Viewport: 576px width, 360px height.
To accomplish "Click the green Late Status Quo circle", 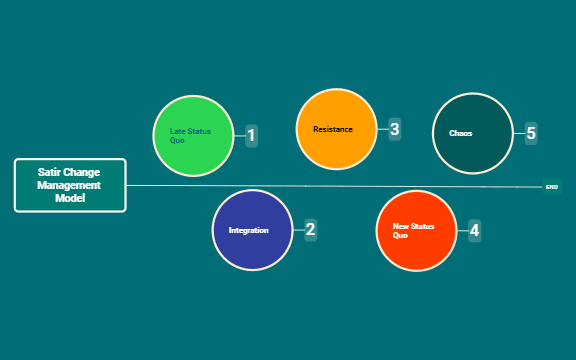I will tap(193, 135).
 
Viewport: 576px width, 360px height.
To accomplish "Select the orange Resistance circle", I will tap(336, 129).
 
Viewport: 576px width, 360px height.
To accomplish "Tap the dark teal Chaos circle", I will tap(472, 133).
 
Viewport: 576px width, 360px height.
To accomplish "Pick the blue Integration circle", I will tap(253, 230).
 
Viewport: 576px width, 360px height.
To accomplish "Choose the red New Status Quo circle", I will tap(416, 230).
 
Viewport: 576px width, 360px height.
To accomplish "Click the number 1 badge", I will tap(252, 135).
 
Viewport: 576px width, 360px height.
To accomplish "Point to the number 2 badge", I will tap(310, 229).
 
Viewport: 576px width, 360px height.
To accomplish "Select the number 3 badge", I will tap(395, 129).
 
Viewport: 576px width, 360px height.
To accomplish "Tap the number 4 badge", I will tap(474, 230).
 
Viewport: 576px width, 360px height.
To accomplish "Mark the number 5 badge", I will tap(531, 133).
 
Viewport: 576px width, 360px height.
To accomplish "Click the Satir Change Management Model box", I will tap(70, 185).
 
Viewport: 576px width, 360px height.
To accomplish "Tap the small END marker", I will tap(552, 186).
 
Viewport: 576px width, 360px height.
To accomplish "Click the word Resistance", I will tap(333, 129).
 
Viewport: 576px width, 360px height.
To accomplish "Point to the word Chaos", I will tap(461, 133).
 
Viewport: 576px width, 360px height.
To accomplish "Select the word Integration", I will tap(248, 230).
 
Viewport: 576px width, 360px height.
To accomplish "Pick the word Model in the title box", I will tap(70, 198).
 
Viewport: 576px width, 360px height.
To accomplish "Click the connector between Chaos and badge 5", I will tap(518, 133).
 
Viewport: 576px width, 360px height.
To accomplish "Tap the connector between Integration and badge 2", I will tap(298, 230).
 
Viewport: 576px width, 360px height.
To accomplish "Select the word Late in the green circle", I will tap(177, 131).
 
